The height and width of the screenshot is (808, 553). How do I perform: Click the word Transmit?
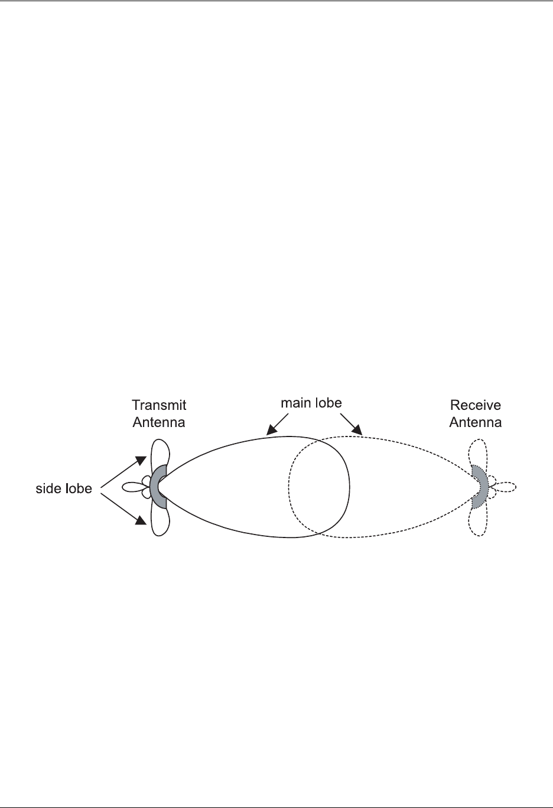point(159,405)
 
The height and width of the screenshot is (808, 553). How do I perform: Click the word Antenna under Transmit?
point(159,422)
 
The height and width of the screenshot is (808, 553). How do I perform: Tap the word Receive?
point(475,405)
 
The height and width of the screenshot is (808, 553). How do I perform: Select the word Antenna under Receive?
point(475,422)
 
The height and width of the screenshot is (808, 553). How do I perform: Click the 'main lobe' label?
point(311,403)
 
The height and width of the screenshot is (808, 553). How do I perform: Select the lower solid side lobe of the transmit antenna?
point(161,520)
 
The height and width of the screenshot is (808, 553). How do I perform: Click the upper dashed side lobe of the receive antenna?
point(477,454)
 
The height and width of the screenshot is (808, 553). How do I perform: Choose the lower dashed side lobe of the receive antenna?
point(477,521)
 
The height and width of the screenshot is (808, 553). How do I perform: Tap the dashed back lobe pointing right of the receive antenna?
point(506,487)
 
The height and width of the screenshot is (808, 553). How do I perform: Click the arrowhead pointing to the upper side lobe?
point(141,459)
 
